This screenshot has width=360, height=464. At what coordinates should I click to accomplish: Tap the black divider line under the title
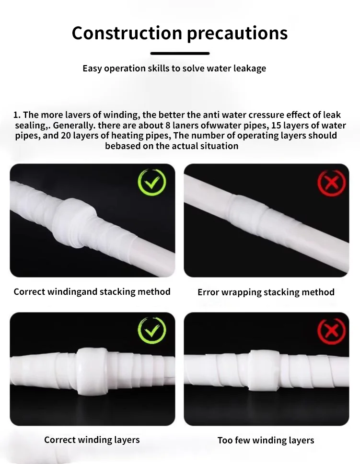tap(180, 53)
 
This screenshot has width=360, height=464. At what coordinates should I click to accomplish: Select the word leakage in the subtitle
tap(249, 68)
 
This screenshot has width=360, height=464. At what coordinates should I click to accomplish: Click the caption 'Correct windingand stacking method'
tap(92, 291)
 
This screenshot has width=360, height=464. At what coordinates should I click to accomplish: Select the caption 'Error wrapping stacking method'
tap(266, 292)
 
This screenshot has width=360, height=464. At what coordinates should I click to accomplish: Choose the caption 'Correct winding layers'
tap(92, 440)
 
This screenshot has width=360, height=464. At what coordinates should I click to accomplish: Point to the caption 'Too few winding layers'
tap(266, 440)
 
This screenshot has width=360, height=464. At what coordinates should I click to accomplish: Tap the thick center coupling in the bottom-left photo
tap(93, 367)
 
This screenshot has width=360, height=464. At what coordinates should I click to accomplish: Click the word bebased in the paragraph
tap(123, 146)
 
